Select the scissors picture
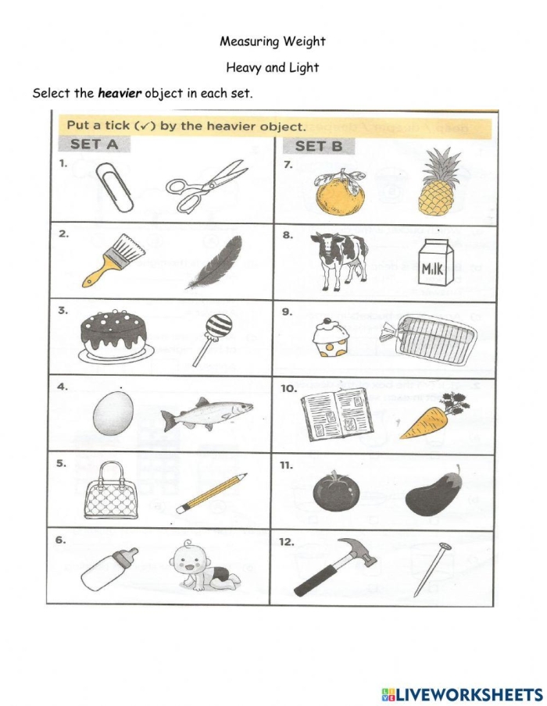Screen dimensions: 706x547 tap(205, 186)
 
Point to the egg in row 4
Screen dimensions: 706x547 tap(113, 412)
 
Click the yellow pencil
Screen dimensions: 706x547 tap(211, 493)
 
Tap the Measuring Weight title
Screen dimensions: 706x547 tap(272, 41)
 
